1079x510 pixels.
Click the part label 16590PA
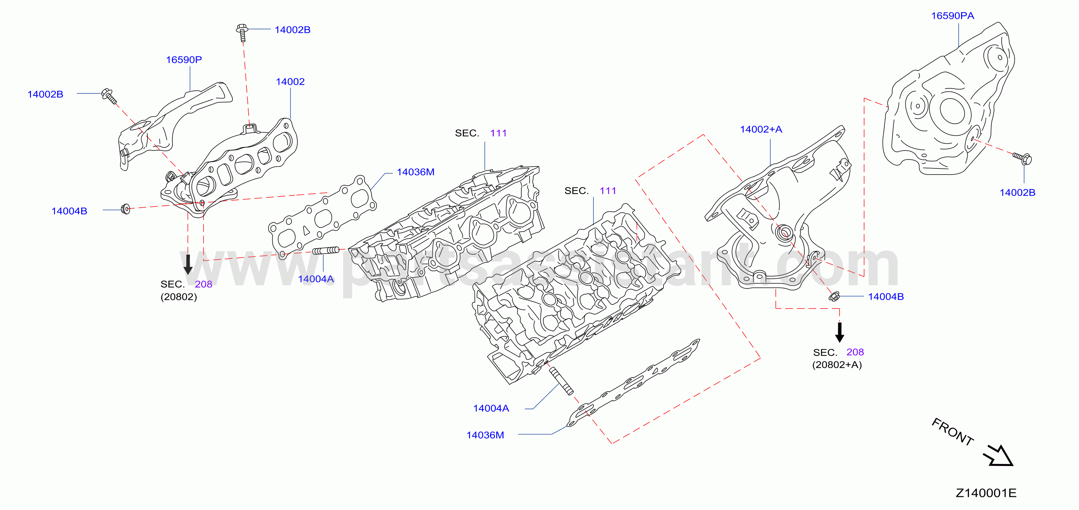(952, 16)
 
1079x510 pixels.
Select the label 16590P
(184, 60)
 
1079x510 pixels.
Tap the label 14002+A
(761, 129)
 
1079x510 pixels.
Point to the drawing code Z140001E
(986, 493)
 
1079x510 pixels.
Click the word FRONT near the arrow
(952, 432)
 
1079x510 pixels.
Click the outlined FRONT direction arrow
(999, 456)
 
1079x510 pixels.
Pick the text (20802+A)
(837, 365)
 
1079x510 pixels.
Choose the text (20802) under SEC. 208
(178, 297)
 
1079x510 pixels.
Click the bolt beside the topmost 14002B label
(242, 33)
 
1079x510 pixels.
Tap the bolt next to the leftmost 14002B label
(109, 96)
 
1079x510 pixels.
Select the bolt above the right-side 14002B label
(1023, 158)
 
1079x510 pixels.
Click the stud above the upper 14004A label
(326, 251)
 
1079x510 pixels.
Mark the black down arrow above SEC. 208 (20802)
(188, 265)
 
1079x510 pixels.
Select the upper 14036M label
(415, 172)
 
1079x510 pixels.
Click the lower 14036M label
(485, 435)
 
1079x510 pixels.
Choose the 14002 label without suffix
(290, 82)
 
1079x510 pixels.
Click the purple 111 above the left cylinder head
(499, 133)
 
